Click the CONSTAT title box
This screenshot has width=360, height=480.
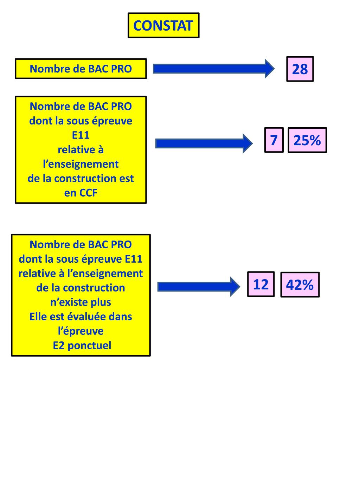(x=163, y=25)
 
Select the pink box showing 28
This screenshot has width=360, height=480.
(x=300, y=69)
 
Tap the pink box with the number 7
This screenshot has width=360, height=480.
(x=274, y=140)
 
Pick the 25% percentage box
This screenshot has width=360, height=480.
(x=307, y=140)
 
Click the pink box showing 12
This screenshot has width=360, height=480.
(x=261, y=284)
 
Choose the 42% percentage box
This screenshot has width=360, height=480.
(x=300, y=284)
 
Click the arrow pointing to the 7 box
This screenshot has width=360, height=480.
(x=204, y=143)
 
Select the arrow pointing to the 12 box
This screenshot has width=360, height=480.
(x=198, y=287)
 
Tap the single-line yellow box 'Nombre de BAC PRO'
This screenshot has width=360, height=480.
(x=81, y=69)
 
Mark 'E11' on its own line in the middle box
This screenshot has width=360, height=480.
(x=81, y=135)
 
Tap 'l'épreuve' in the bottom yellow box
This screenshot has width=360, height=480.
(x=81, y=331)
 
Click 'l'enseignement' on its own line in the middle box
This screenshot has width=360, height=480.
(x=81, y=164)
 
